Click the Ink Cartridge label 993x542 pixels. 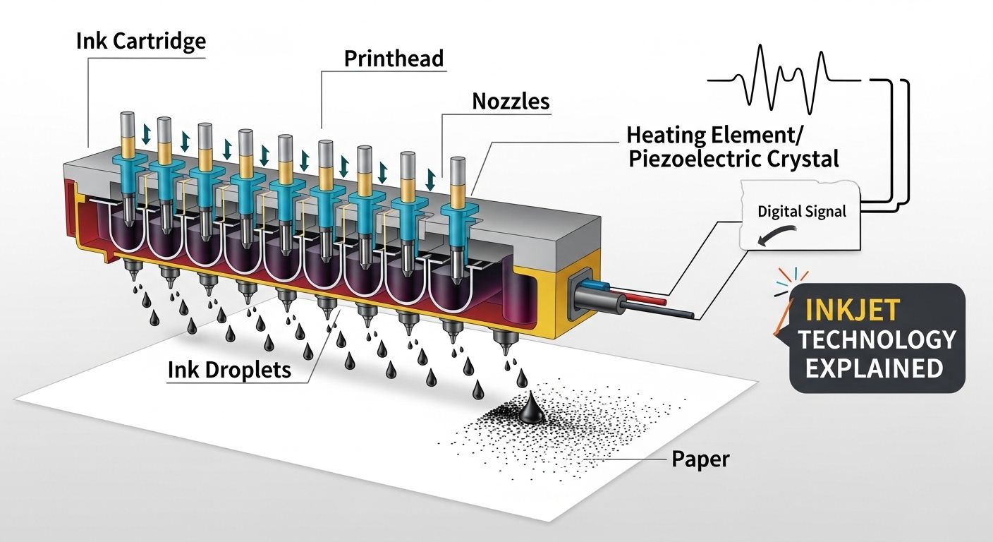140,41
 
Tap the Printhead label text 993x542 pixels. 394,58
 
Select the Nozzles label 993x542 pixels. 510,101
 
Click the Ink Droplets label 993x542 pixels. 229,369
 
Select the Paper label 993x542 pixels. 700,459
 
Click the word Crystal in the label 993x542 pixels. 801,158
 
